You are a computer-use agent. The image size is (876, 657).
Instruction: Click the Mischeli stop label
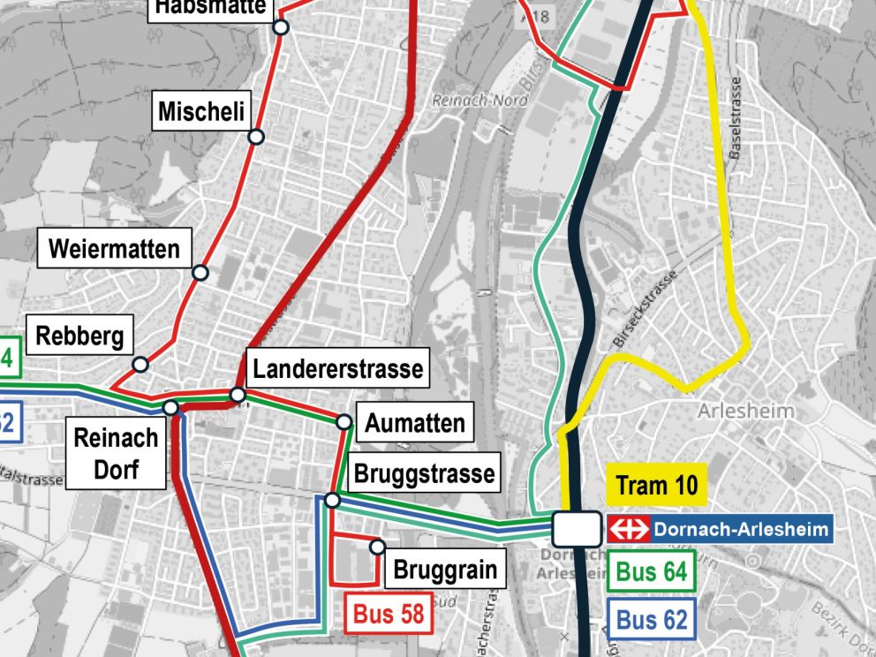click(x=201, y=112)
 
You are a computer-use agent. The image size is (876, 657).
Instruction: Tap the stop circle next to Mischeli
click(x=256, y=136)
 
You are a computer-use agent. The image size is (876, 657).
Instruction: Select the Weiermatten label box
click(x=114, y=248)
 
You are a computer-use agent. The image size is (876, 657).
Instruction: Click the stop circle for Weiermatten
click(x=200, y=273)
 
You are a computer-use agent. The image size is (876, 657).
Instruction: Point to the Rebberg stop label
click(x=79, y=336)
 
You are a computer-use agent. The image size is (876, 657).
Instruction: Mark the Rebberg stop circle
click(x=140, y=364)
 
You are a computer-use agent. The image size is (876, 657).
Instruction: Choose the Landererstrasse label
click(x=337, y=368)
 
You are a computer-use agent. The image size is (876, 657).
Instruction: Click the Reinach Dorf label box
click(x=116, y=454)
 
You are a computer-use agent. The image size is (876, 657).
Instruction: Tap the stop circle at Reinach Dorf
click(x=170, y=407)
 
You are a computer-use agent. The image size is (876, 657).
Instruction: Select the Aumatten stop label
click(x=415, y=422)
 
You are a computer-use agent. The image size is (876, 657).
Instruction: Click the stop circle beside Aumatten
click(x=344, y=422)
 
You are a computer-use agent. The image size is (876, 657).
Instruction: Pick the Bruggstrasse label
click(x=424, y=473)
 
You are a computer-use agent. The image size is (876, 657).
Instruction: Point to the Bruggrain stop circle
click(x=378, y=547)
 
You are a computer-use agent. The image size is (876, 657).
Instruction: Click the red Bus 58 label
click(x=389, y=613)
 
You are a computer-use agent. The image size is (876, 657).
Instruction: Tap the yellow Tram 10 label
click(x=656, y=485)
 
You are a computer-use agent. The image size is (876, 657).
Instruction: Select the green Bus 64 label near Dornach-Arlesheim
click(x=651, y=571)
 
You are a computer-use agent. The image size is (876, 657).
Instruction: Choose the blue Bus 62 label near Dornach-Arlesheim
click(x=651, y=619)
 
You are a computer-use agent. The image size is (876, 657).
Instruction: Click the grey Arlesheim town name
click(x=745, y=411)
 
